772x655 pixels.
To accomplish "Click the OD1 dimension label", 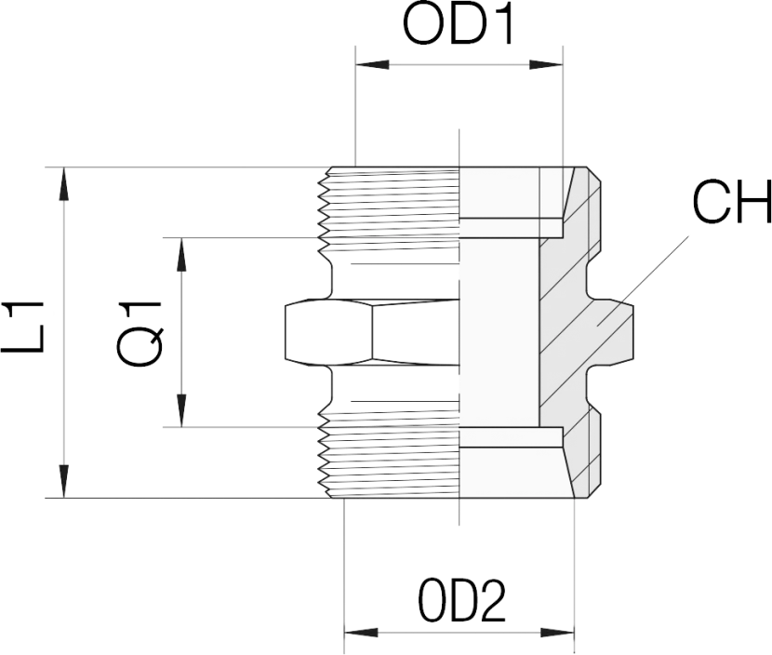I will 458,29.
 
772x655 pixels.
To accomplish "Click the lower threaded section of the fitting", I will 391,456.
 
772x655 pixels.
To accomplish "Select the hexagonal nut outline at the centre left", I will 326,332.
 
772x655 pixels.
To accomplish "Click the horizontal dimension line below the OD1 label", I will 460,64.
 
